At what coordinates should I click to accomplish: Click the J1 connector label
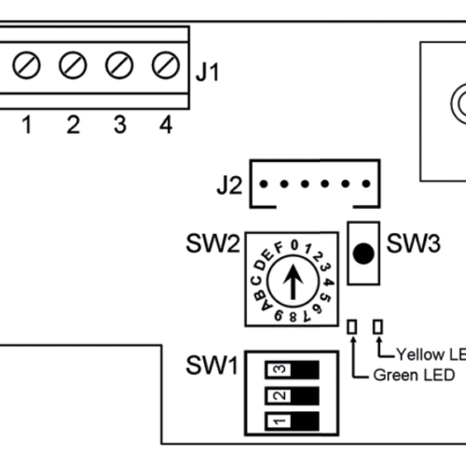click(208, 72)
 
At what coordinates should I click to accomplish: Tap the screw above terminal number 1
click(26, 65)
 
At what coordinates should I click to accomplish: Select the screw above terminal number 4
click(166, 65)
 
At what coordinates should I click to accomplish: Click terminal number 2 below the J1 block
click(74, 125)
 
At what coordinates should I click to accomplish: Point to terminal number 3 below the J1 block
click(120, 125)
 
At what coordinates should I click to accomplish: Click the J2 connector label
click(229, 185)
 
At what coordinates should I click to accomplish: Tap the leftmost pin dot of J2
click(264, 184)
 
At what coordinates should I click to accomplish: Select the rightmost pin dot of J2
click(366, 184)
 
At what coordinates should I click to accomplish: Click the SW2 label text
click(213, 244)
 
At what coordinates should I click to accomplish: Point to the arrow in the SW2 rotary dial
click(293, 282)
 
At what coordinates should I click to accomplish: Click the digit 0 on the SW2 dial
click(295, 245)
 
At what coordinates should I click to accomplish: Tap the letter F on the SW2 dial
click(280, 248)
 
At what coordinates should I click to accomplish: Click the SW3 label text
click(413, 243)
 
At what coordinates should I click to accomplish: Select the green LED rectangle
click(352, 327)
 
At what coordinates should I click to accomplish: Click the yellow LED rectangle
click(377, 327)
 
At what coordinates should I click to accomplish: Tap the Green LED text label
click(414, 375)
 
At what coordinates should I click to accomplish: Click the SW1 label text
click(212, 365)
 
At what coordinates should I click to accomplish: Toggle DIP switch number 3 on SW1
click(292, 370)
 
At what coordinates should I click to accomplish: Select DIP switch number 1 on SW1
click(292, 421)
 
